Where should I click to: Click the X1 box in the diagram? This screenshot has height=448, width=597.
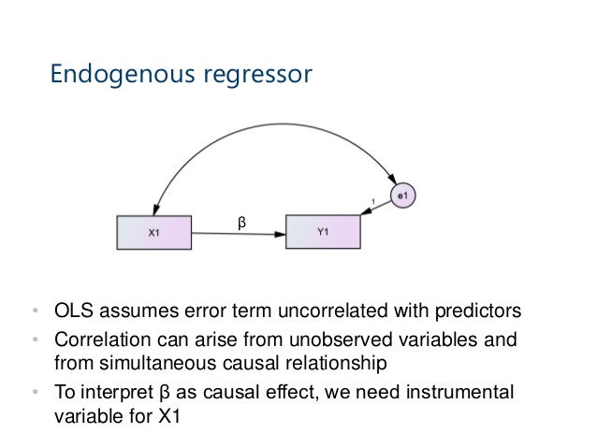coord(153,233)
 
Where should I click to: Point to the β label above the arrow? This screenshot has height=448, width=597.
coord(240,222)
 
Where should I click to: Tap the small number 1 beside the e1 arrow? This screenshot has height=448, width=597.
coord(374,199)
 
